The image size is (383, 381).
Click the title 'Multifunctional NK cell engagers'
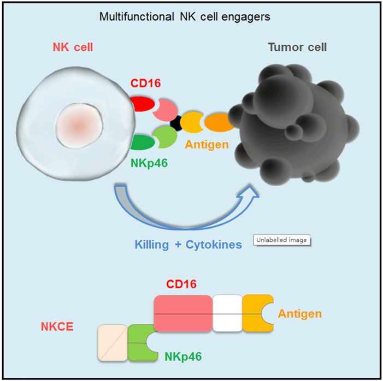coord(185,17)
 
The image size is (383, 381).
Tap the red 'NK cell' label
coord(73,47)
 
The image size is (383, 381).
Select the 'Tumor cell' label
coord(297,47)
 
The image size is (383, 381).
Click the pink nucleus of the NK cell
coord(79,126)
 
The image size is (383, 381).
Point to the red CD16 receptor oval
coord(142,104)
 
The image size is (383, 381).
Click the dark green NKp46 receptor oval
coord(143,142)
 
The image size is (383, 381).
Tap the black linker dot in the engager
coord(176,123)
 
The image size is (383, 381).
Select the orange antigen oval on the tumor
coord(219,122)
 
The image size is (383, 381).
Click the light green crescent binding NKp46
coord(167,136)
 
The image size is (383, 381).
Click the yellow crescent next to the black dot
coord(191,122)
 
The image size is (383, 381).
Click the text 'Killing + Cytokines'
coord(188,245)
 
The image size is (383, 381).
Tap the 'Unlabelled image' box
coord(281,240)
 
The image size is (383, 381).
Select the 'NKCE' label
coord(57,326)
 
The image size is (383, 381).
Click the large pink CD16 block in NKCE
coord(183,313)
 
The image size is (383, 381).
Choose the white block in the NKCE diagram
coord(227,313)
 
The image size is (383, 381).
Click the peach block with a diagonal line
coord(113,342)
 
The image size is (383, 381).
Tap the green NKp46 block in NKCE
coord(140,342)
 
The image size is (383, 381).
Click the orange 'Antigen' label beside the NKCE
coord(300,314)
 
